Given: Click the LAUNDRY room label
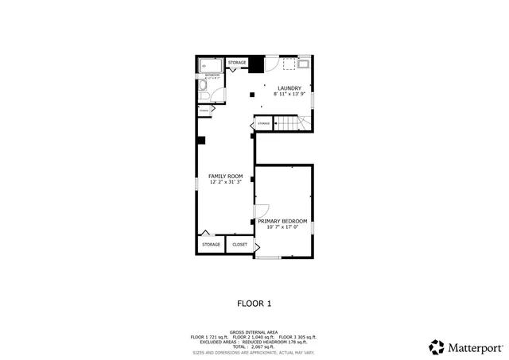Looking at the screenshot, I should [289, 88].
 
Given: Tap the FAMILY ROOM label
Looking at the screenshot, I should [225, 176].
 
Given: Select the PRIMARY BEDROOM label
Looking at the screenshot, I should [282, 221].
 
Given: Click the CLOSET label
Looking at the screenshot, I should [239, 245].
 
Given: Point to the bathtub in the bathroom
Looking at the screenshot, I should [211, 67].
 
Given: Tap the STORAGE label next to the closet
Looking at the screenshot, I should [211, 245].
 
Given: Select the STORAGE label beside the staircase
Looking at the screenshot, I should [263, 124].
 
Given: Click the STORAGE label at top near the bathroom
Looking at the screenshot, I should [237, 62].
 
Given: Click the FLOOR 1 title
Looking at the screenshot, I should [254, 303].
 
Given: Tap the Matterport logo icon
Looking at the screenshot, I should [437, 346].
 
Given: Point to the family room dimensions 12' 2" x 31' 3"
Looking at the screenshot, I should [225, 183].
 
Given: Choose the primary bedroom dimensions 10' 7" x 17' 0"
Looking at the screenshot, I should [282, 228].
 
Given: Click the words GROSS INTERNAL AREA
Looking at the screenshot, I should [254, 332].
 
